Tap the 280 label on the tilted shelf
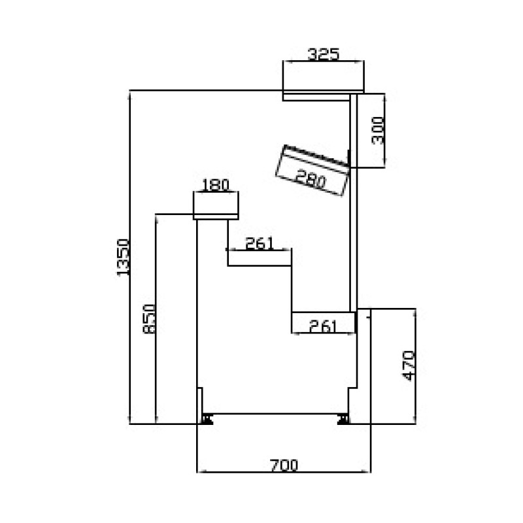pyautogui.click(x=310, y=178)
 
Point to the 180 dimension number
pyautogui.click(x=216, y=184)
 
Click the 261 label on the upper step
pyautogui.click(x=259, y=243)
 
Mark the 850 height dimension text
pyautogui.click(x=149, y=320)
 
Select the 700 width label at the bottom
pyautogui.click(x=284, y=465)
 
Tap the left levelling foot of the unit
pyautogui.click(x=208, y=418)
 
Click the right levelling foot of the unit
pyautogui.click(x=343, y=418)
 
